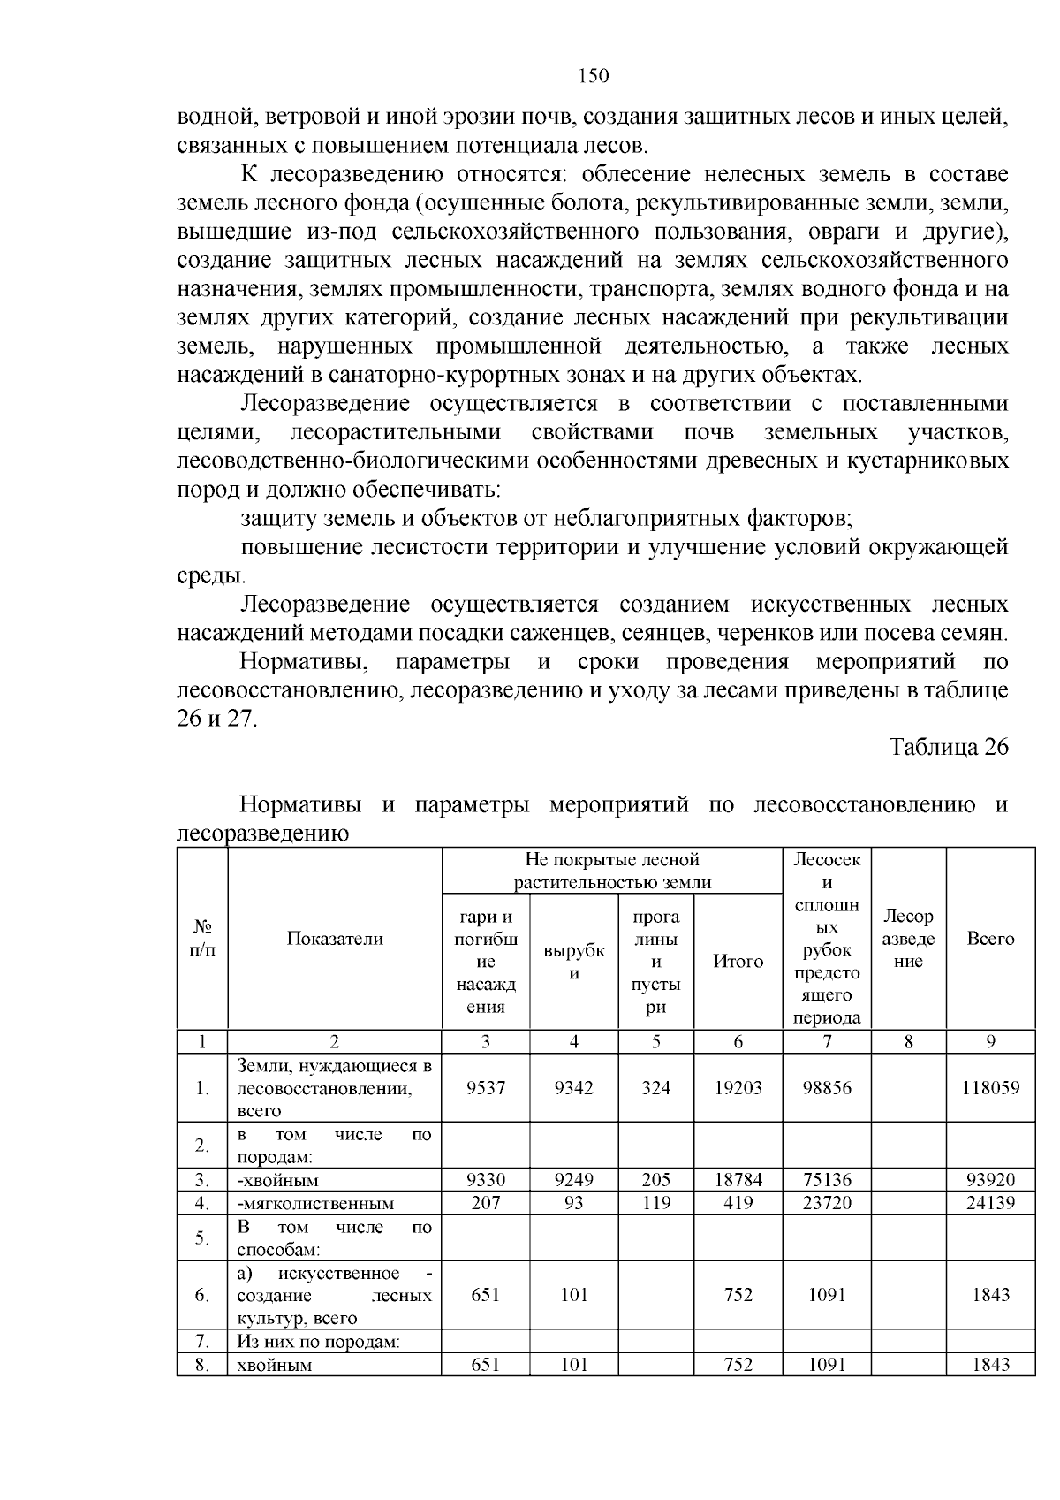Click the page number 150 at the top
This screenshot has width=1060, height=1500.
[594, 76]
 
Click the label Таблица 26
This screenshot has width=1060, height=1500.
[948, 747]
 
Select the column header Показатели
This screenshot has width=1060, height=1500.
[335, 939]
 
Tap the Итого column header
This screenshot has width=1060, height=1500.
[738, 962]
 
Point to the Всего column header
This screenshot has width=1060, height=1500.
[990, 939]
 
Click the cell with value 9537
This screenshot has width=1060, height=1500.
[486, 1087]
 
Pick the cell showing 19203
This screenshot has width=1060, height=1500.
[738, 1087]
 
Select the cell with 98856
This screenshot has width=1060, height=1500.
[827, 1087]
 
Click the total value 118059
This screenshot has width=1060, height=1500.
[990, 1087]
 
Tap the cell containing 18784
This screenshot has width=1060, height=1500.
[738, 1179]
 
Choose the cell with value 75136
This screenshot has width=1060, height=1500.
[827, 1179]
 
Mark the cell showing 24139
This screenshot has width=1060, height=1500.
[990, 1202]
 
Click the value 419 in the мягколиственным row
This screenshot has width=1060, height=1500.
[738, 1202]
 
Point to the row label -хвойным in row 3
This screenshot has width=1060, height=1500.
[277, 1180]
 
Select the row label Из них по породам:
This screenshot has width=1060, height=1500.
[319, 1342]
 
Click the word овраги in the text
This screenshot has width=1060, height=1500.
[839, 232]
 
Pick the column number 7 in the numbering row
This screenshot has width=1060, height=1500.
[827, 1041]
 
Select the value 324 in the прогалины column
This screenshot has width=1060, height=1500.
[655, 1087]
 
